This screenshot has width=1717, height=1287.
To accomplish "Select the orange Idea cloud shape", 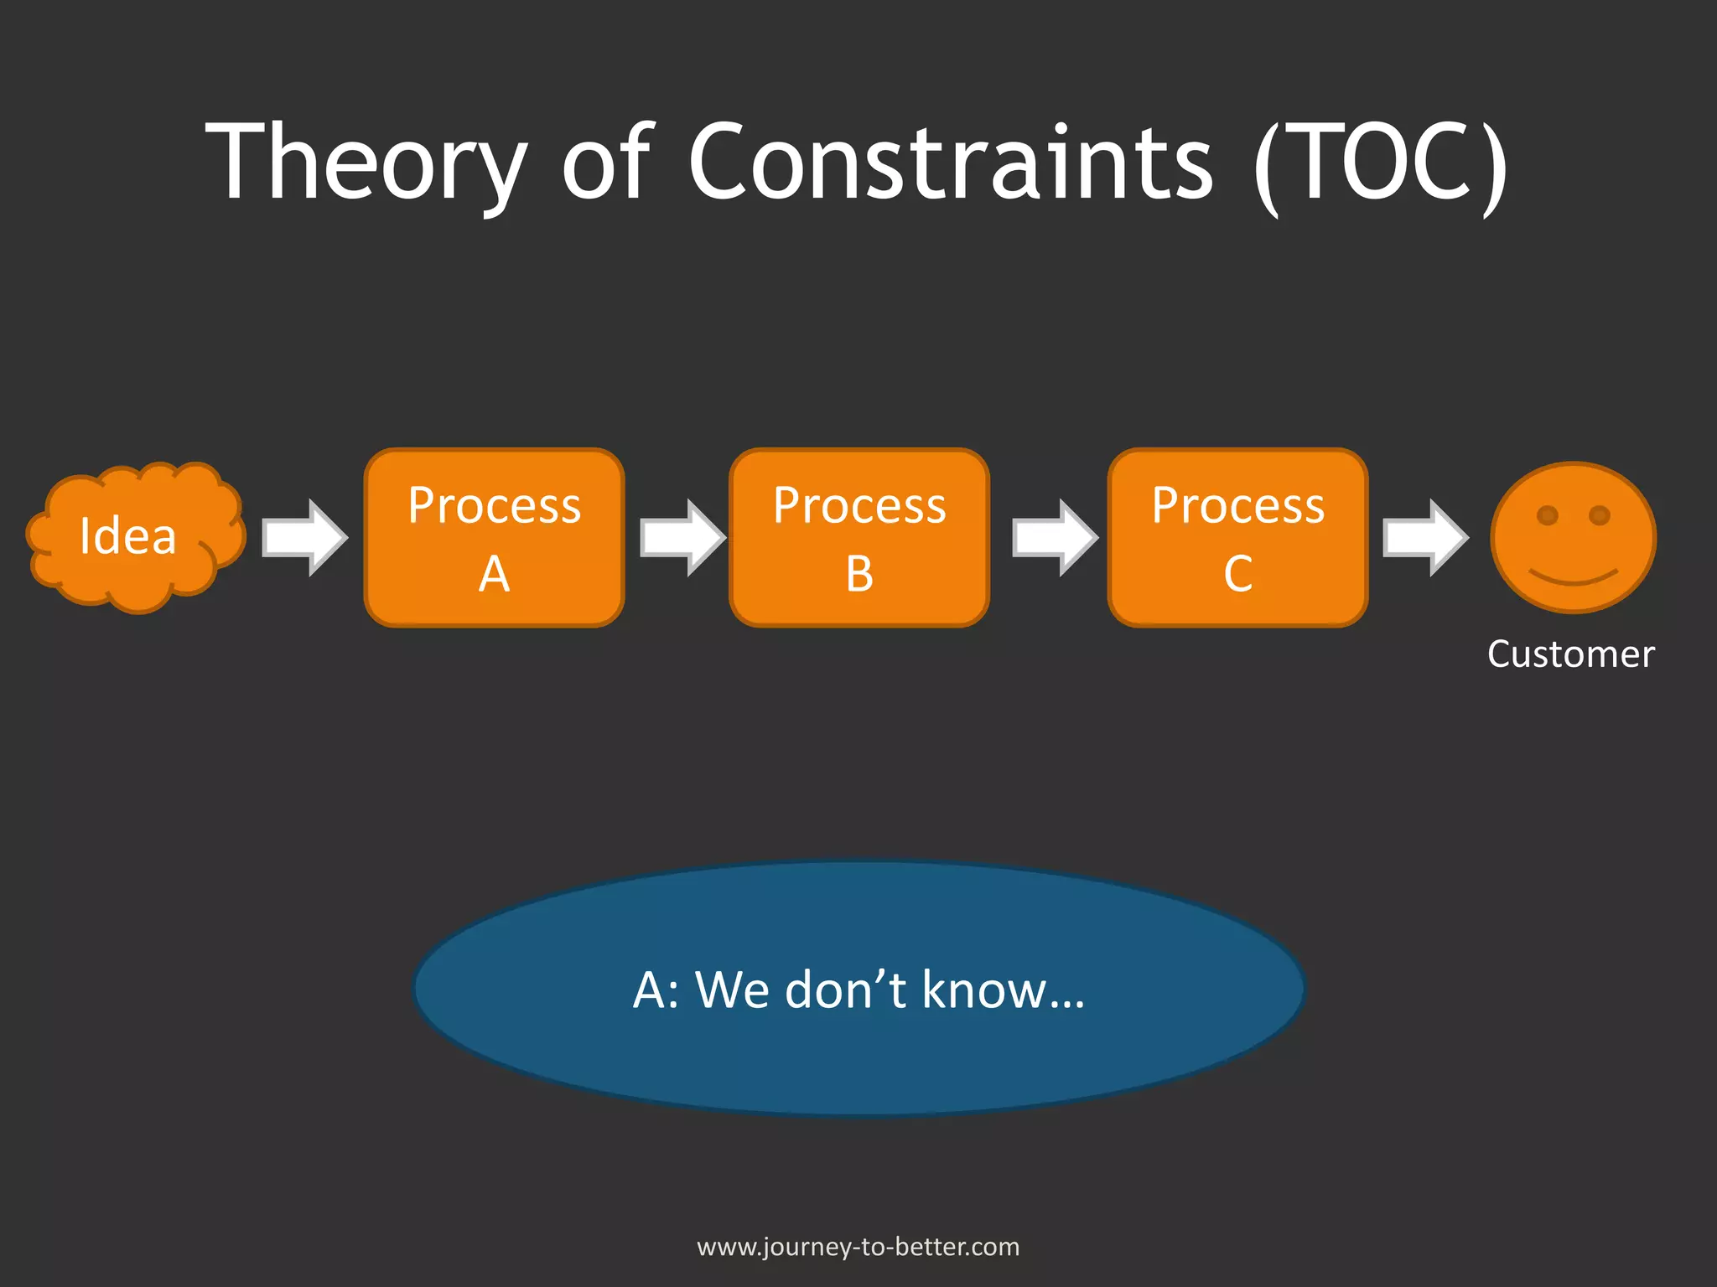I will (x=134, y=536).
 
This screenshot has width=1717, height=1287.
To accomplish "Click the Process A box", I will (x=494, y=537).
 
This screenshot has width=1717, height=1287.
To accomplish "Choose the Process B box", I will (x=859, y=537).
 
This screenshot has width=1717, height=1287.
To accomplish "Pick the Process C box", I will (x=1237, y=537).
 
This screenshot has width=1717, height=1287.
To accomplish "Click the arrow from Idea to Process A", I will (x=303, y=537).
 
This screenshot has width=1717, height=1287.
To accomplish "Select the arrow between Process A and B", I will (x=682, y=537).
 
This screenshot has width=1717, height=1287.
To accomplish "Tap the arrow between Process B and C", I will (x=1054, y=537).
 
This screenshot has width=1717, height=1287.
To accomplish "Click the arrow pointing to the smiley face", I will (x=1424, y=537).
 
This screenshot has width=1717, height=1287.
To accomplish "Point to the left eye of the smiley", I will (x=1547, y=515).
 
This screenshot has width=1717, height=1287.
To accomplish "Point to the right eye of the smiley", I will (x=1600, y=515).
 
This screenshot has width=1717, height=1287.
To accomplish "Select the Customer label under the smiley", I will (x=1570, y=654).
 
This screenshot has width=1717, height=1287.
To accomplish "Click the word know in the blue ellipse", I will (x=983, y=990).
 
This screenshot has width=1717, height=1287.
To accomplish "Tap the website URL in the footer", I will (x=858, y=1247).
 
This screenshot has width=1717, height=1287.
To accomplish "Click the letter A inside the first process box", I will (x=494, y=575).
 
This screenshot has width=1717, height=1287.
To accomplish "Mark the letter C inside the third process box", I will (x=1237, y=575).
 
